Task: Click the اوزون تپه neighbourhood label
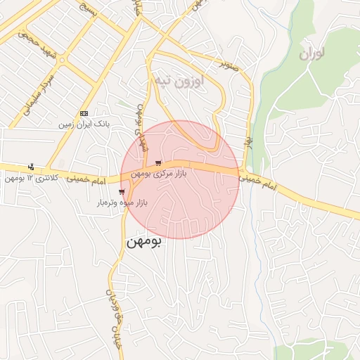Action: click(x=178, y=82)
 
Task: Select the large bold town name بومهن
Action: click(x=143, y=243)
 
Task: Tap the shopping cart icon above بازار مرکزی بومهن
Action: click(x=158, y=163)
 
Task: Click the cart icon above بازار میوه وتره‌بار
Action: click(x=122, y=191)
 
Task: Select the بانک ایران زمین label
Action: click(x=84, y=124)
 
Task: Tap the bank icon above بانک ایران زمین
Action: click(x=84, y=113)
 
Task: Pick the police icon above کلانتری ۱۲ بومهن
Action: click(x=31, y=167)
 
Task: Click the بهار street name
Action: click(x=248, y=143)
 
